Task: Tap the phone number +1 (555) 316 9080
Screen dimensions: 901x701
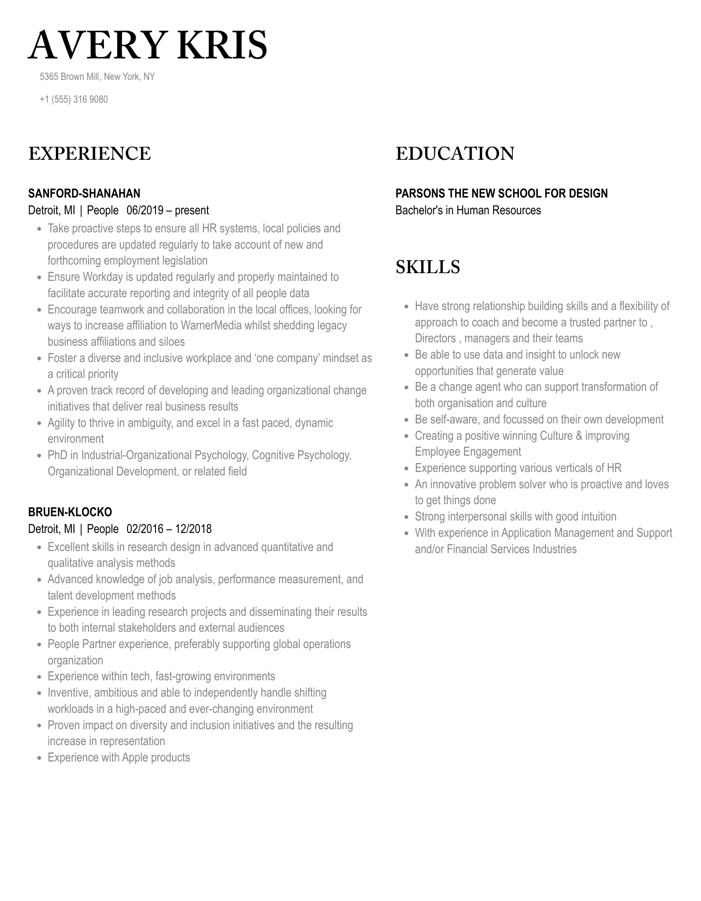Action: [73, 100]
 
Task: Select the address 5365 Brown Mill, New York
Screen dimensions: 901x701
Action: [97, 77]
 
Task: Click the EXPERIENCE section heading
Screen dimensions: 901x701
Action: [90, 154]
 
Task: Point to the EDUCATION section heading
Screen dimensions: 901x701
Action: [455, 154]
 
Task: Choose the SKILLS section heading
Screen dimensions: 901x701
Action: [428, 267]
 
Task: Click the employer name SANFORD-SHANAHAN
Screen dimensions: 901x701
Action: [84, 193]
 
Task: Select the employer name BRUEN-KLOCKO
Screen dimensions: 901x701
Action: [70, 512]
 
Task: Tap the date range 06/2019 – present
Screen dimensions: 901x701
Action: [168, 210]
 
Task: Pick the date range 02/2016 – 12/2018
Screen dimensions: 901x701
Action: [169, 529]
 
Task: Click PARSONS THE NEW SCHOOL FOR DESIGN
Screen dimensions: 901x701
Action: [501, 193]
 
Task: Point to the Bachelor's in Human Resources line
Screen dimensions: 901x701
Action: [468, 210]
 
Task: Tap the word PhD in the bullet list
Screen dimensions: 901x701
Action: [57, 455]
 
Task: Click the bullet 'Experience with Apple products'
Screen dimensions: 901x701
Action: [119, 757]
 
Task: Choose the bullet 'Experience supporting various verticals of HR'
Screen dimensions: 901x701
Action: [518, 468]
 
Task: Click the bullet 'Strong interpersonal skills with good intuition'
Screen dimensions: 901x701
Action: [515, 517]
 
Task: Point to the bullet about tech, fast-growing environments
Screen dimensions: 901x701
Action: [161, 676]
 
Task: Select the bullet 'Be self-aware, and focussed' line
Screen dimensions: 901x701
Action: [539, 420]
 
